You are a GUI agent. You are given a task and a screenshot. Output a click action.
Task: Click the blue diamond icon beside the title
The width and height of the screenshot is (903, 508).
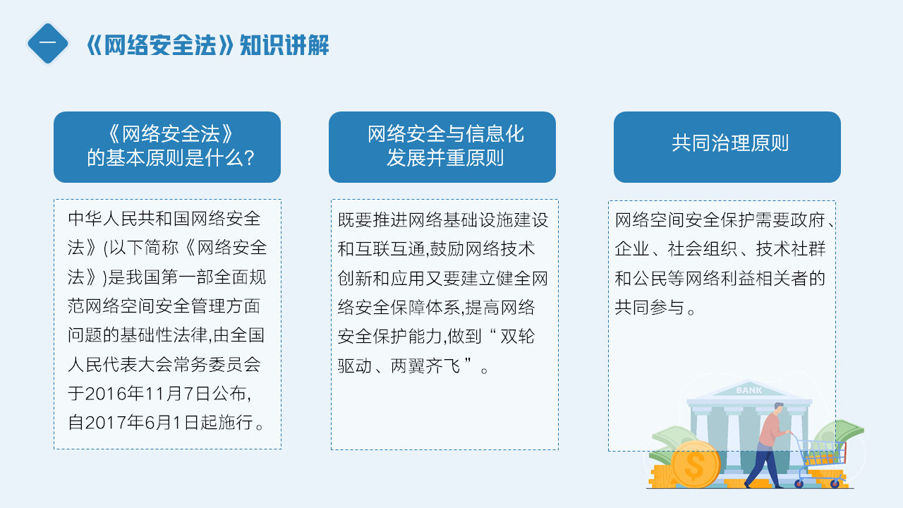(47, 44)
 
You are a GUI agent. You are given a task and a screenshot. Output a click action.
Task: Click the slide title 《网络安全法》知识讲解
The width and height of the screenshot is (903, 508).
(208, 44)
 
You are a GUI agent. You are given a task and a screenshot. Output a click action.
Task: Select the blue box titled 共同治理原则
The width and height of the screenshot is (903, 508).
(727, 147)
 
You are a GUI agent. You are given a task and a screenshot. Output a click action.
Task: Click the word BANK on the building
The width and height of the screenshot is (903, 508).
(749, 390)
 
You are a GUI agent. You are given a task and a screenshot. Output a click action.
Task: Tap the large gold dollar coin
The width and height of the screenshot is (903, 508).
(695, 464)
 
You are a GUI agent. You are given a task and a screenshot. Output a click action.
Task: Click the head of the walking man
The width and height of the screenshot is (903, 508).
(778, 409)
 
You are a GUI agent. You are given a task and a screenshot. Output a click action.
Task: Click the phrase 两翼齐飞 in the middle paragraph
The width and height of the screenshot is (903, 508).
(425, 366)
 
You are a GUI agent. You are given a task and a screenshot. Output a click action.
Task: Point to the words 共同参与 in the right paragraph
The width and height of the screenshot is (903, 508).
(649, 308)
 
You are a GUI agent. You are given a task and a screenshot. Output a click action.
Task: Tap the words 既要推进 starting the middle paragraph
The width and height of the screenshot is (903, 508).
(372, 220)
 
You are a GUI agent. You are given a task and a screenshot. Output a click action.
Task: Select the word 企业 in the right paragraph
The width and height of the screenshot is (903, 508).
(632, 249)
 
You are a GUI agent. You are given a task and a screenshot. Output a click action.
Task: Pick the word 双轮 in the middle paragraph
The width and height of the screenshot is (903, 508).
(518, 337)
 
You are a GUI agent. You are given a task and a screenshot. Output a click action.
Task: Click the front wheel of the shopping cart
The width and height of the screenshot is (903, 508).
(835, 483)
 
